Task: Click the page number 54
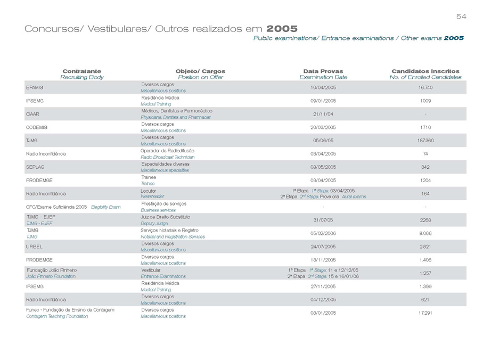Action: (461, 17)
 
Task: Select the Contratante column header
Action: (81, 71)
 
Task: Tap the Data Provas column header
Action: (323, 71)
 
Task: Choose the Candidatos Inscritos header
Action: (425, 71)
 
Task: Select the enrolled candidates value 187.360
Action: (425, 141)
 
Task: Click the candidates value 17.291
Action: (425, 313)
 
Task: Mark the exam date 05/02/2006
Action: (323, 233)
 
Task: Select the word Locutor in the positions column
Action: (148, 190)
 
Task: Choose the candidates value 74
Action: (425, 153)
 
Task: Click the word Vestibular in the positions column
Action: (151, 270)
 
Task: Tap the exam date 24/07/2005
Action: (323, 247)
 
